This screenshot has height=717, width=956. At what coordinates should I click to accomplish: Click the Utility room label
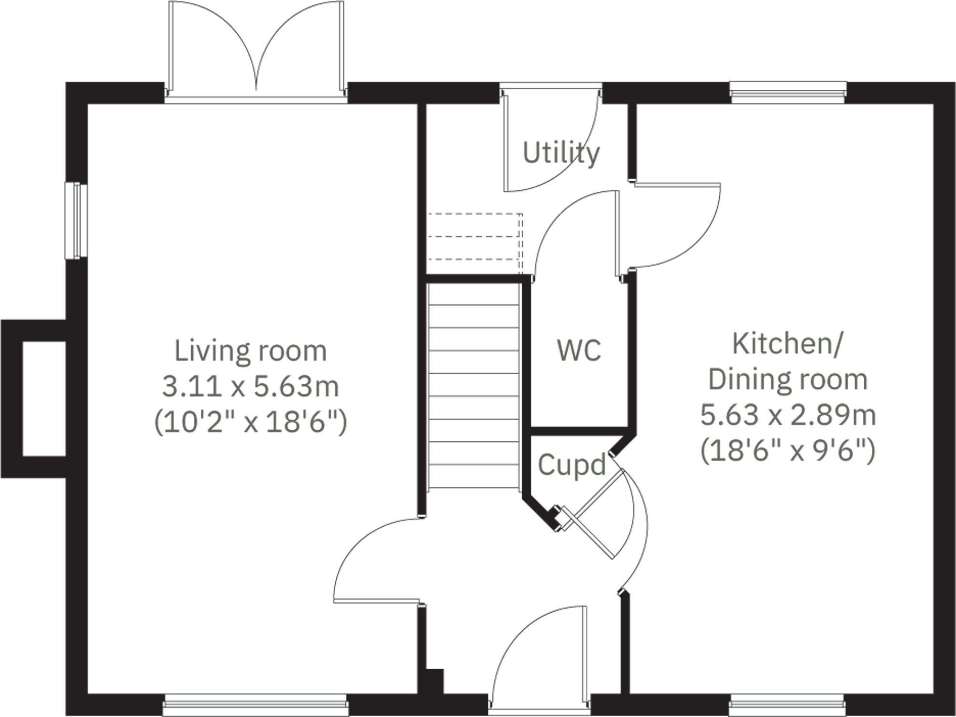pyautogui.click(x=561, y=153)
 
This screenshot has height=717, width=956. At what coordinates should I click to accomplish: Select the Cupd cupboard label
pyautogui.click(x=571, y=465)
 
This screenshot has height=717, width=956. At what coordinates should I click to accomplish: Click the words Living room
pyautogui.click(x=250, y=351)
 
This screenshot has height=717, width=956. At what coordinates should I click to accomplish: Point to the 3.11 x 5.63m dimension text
pyautogui.click(x=250, y=387)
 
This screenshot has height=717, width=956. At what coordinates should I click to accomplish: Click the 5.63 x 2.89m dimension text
pyautogui.click(x=788, y=415)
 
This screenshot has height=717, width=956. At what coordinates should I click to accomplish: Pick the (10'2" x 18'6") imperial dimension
pyautogui.click(x=250, y=422)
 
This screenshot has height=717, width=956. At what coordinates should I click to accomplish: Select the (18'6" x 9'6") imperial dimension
pyautogui.click(x=788, y=451)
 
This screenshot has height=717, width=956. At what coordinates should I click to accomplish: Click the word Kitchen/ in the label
pyautogui.click(x=788, y=344)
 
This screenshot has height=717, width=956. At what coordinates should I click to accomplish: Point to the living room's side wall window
pyautogui.click(x=76, y=221)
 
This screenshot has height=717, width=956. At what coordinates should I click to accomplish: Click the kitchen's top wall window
pyautogui.click(x=788, y=92)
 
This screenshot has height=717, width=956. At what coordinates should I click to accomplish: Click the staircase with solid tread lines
pyautogui.click(x=473, y=386)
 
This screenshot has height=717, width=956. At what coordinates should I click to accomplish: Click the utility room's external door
pyautogui.click(x=551, y=140)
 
